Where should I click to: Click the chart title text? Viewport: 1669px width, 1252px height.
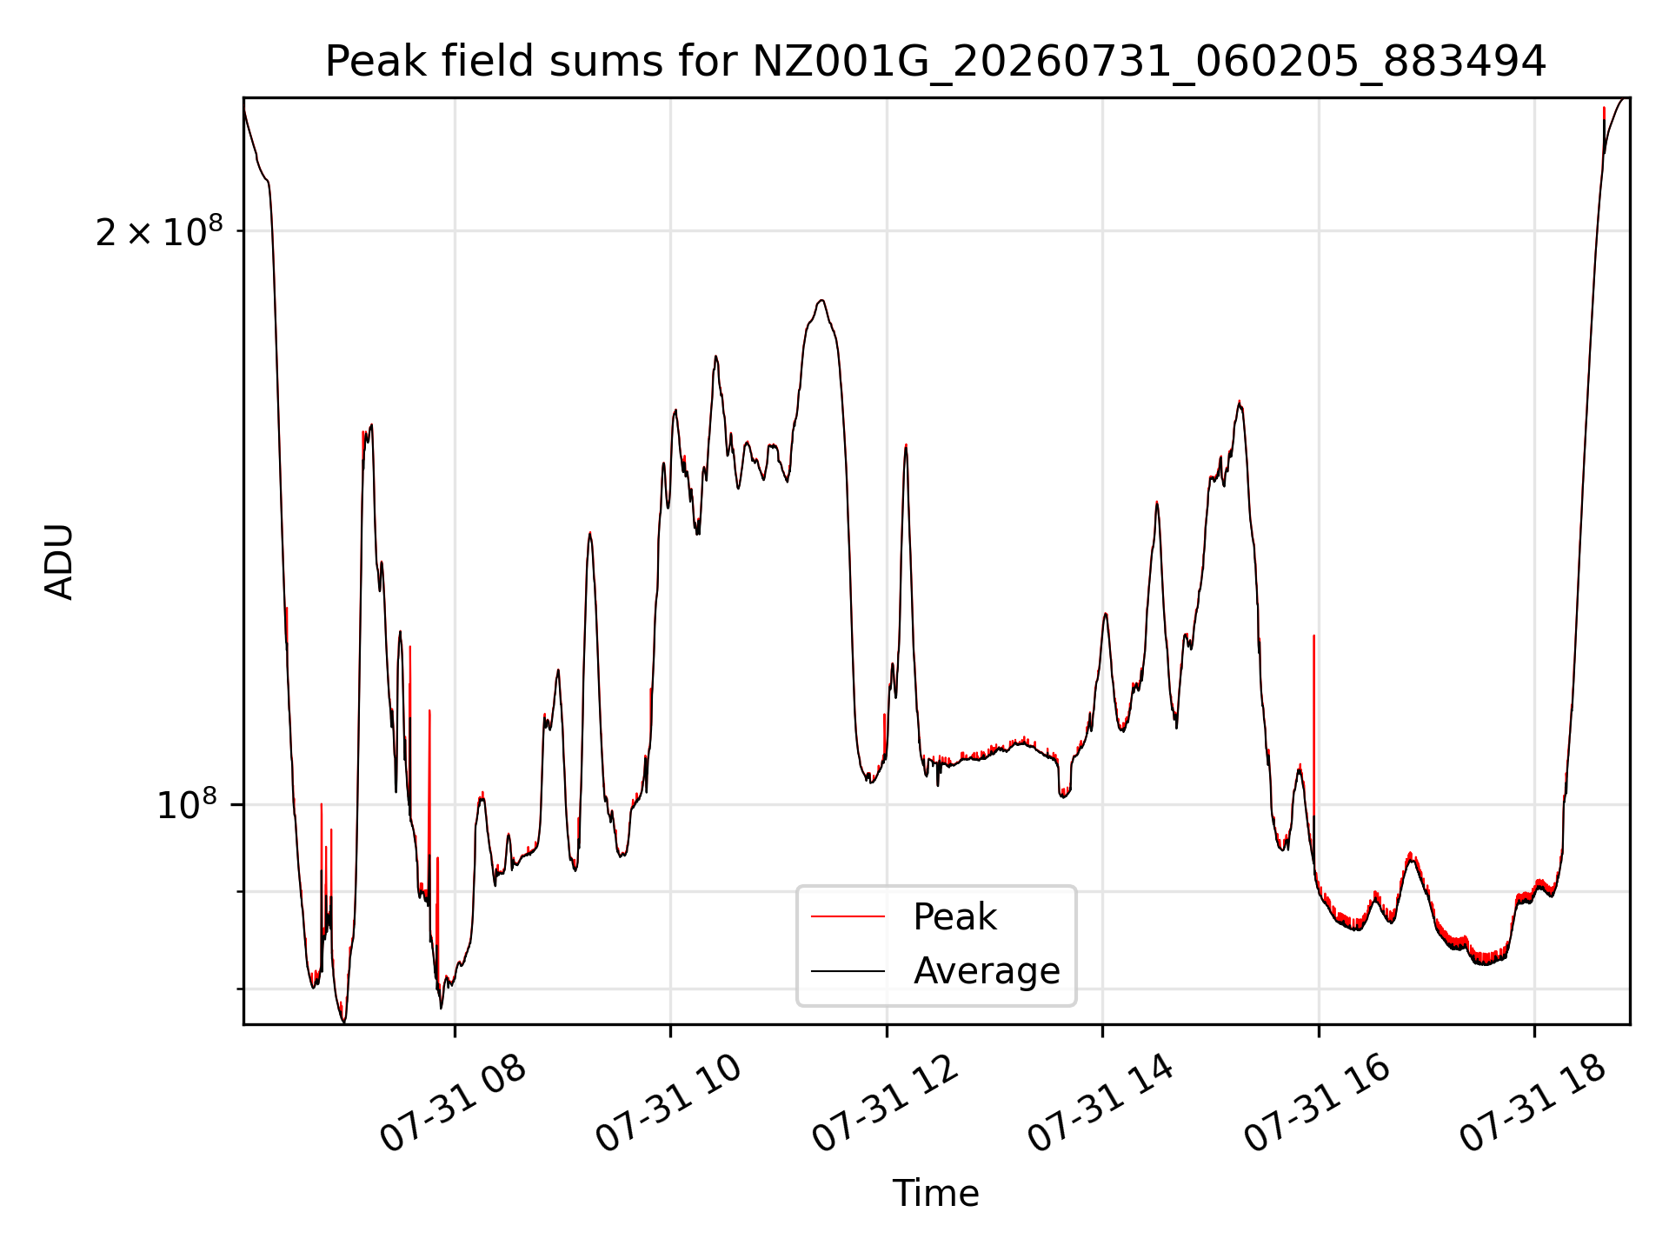935,62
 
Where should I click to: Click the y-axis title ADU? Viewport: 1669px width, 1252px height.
60,562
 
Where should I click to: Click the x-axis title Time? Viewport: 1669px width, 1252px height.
935,1194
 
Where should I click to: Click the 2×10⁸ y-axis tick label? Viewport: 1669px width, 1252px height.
159,231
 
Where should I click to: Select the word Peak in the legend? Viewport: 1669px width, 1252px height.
954,917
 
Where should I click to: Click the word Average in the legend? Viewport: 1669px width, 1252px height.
987,970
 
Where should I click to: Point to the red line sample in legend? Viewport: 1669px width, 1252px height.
848,916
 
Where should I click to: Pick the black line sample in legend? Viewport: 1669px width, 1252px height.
848,970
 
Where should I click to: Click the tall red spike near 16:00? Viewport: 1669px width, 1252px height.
1313,739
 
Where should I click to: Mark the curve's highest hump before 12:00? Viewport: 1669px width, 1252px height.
821,302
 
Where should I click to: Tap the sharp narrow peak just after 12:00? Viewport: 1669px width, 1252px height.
906,446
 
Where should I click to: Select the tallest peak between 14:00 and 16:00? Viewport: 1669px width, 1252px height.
1240,402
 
